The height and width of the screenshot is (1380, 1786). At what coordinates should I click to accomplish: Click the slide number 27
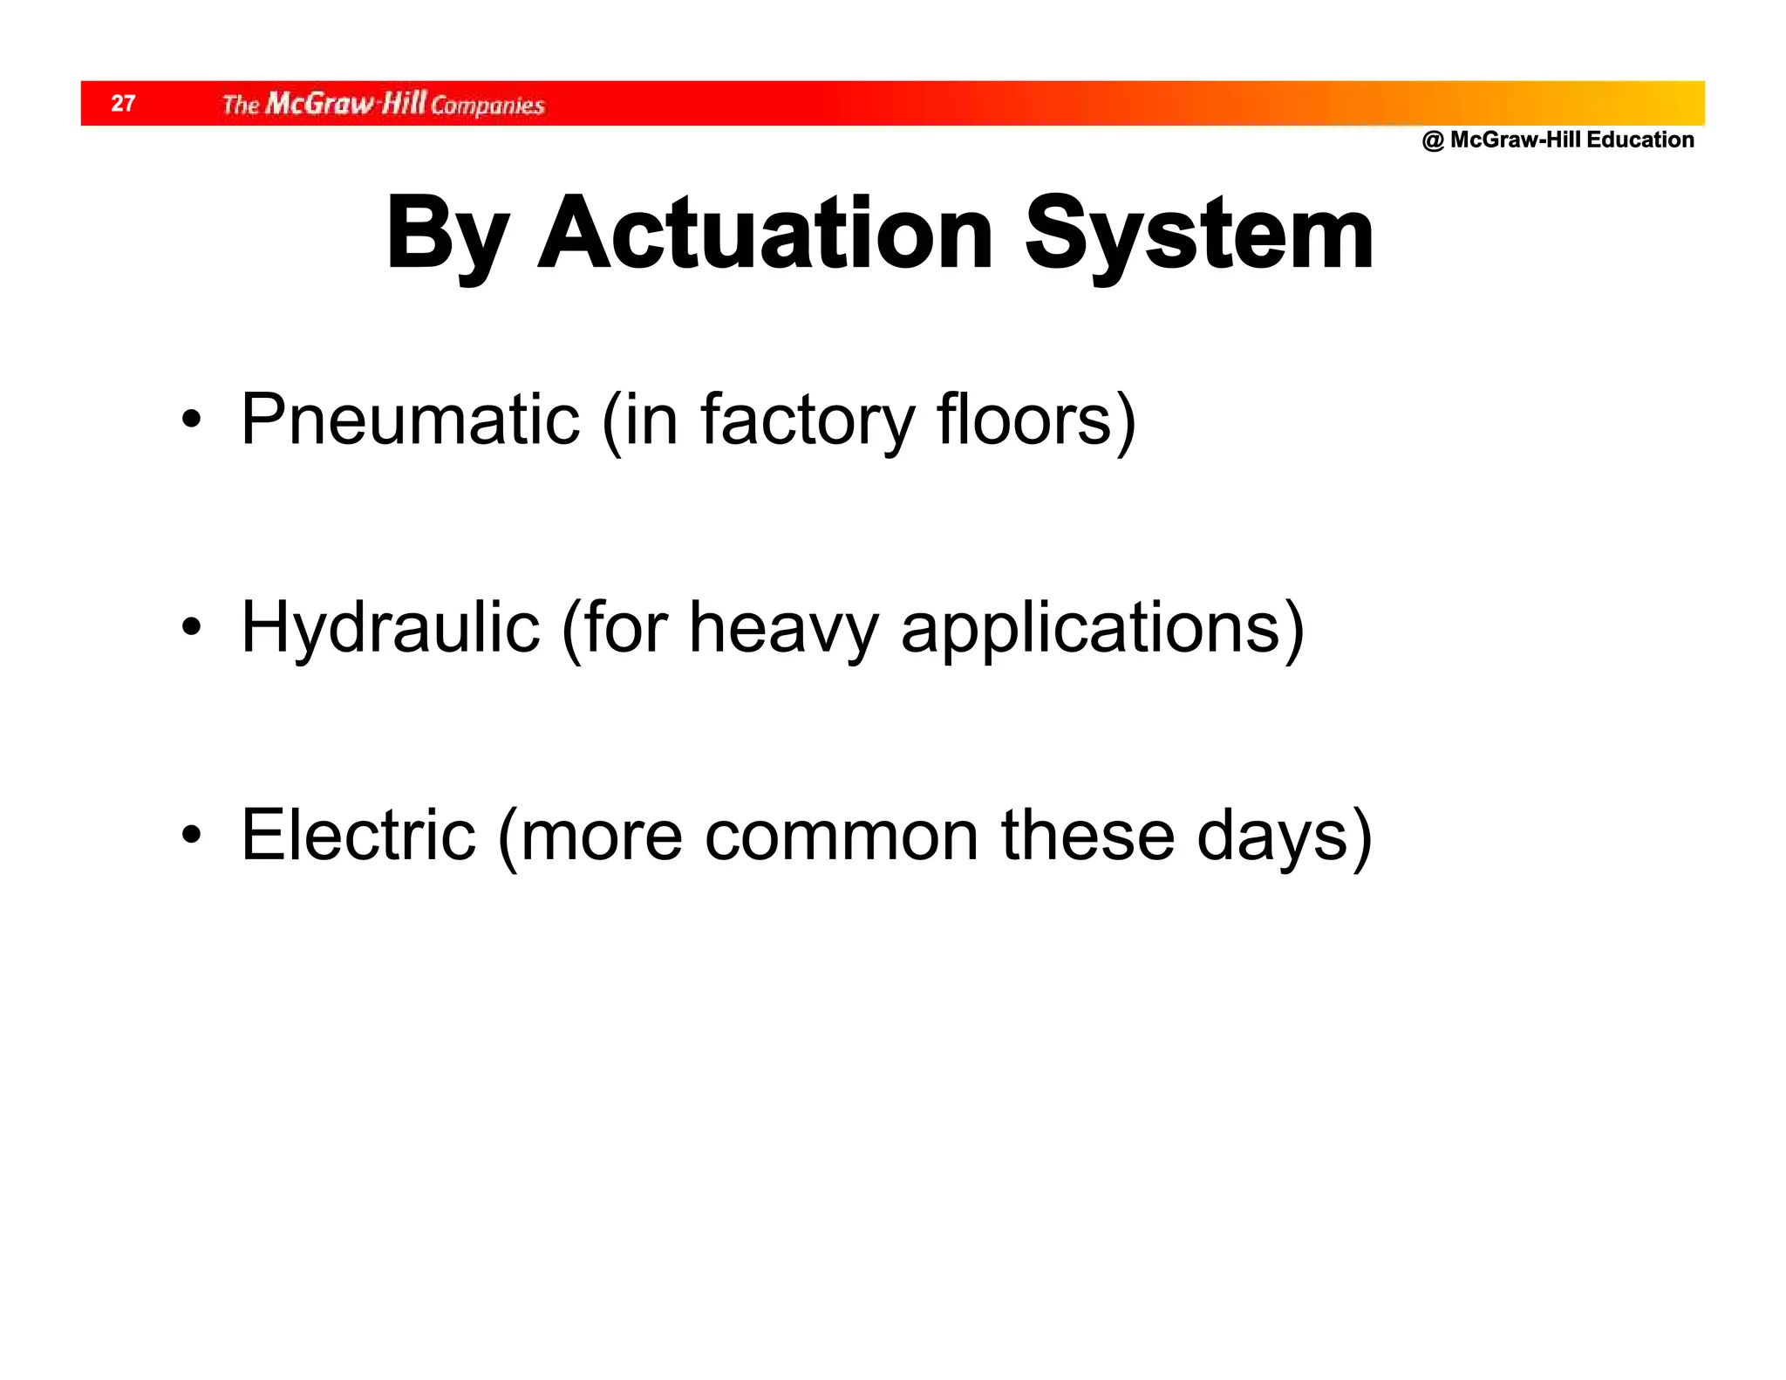click(x=123, y=104)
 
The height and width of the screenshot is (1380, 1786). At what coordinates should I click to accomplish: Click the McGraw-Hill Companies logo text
click(x=383, y=105)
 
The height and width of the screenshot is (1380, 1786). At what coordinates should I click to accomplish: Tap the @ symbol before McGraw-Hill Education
click(x=1433, y=140)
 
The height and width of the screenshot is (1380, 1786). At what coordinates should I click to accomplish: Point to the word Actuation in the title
click(x=765, y=234)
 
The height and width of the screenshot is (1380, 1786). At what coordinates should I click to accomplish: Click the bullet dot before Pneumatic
click(x=191, y=420)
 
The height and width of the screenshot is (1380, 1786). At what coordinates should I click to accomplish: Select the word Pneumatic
click(x=410, y=420)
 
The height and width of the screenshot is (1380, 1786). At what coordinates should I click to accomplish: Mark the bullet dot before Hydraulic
click(x=191, y=627)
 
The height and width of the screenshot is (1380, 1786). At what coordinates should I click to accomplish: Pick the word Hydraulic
click(x=390, y=629)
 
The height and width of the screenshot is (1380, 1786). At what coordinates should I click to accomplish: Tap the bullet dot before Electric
click(x=191, y=835)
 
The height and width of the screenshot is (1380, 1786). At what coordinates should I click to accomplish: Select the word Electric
click(x=358, y=836)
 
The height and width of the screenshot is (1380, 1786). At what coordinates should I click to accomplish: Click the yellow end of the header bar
click(x=1679, y=103)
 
